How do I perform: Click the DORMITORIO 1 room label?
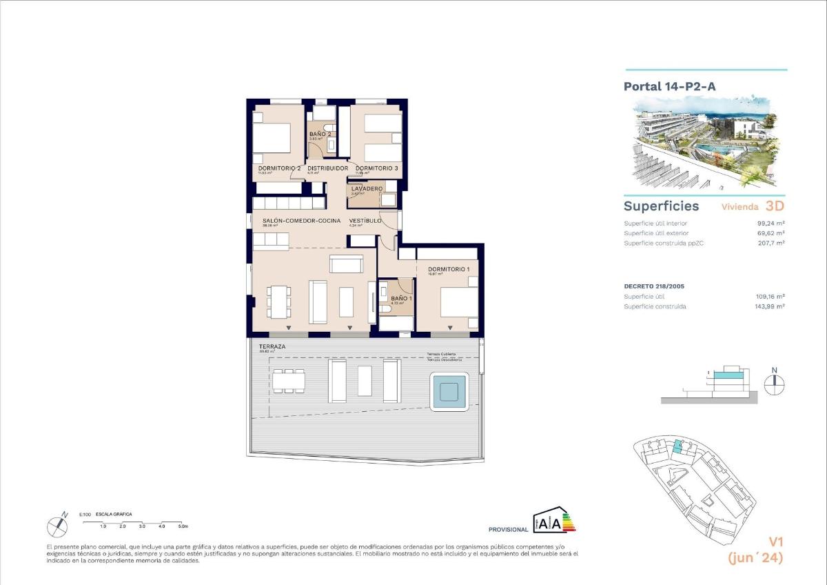[449, 269]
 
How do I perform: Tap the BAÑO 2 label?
[320, 134]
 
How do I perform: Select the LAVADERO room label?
[367, 188]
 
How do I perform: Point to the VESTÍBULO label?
[365, 221]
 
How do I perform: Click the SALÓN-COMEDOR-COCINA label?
[300, 221]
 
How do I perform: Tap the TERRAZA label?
[272, 346]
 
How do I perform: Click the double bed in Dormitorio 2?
[272, 138]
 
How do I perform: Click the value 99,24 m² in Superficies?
[770, 224]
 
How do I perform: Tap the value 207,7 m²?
[772, 243]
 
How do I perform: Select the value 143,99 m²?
[770, 306]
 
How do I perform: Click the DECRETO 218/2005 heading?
[654, 286]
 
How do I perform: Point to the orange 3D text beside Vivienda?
[775, 206]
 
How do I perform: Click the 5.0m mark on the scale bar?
[183, 526]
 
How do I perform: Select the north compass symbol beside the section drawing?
[775, 384]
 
